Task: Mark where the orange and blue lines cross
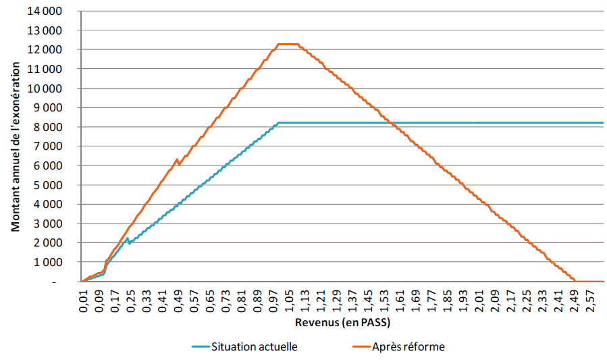[392, 123]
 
